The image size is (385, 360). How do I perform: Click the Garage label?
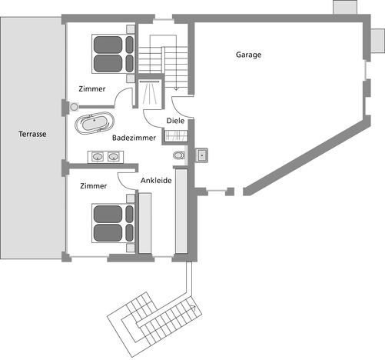click(248, 55)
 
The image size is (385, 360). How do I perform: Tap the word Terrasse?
click(32, 134)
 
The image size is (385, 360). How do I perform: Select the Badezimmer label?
click(134, 138)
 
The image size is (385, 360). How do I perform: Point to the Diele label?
click(175, 121)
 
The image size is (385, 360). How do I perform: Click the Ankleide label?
click(156, 181)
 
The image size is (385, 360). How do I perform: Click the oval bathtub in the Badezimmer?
click(95, 123)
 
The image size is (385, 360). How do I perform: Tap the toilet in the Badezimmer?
click(179, 155)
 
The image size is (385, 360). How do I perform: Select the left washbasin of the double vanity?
click(98, 156)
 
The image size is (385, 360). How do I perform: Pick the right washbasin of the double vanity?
click(114, 156)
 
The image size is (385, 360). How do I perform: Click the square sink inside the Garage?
click(202, 155)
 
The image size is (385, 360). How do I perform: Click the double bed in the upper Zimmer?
click(113, 54)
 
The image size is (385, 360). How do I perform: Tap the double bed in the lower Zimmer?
click(113, 223)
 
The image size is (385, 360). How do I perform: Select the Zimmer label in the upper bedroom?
click(92, 89)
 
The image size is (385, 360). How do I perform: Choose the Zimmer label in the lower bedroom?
click(94, 186)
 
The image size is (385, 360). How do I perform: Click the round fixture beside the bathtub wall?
click(75, 107)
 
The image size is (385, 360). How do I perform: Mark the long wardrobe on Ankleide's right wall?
click(181, 211)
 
